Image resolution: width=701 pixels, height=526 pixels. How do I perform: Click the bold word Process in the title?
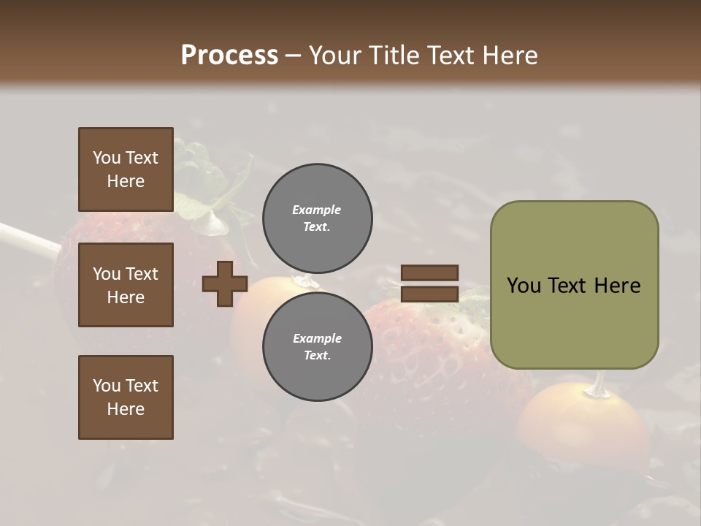pos(229,56)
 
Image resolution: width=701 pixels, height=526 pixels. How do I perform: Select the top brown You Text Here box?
pos(126,169)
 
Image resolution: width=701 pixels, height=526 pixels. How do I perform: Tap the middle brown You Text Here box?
pos(126,285)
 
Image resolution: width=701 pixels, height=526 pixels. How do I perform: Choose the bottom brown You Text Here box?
pos(126,397)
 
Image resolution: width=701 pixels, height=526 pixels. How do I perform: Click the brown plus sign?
pos(225,283)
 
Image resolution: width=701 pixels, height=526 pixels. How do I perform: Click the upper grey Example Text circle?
pos(317,218)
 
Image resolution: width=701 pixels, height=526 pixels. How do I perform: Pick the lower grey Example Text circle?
pos(317,347)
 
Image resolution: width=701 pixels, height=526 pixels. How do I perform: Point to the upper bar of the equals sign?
pos(429,272)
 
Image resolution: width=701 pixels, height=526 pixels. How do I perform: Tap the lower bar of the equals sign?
pos(429,294)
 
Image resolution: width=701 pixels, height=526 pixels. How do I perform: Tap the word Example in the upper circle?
pos(317,210)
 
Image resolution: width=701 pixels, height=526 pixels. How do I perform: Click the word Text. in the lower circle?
pos(317,356)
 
